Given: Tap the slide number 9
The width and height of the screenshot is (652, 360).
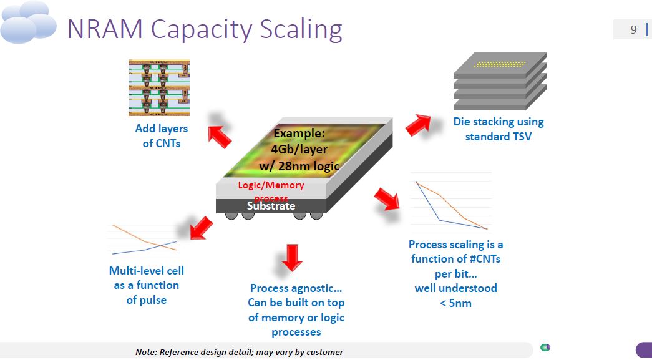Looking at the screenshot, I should (633, 29).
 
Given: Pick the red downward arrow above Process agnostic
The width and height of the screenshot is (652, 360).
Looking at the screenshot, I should (291, 257).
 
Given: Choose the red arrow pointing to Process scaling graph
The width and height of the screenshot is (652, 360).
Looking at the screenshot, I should (387, 198).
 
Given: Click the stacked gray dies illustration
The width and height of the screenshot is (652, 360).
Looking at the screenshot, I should (499, 81).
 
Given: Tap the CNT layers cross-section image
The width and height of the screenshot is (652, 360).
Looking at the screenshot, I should (158, 87).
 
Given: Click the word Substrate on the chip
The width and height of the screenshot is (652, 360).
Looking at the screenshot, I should (271, 206).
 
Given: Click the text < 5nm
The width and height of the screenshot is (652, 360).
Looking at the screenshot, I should (455, 303).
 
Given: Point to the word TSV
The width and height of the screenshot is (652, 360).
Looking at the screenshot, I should (518, 136).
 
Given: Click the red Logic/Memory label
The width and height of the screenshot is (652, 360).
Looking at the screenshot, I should (271, 185).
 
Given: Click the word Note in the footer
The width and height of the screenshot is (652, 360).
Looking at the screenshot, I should (146, 352).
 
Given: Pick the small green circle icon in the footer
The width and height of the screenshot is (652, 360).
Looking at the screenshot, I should (545, 348).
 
